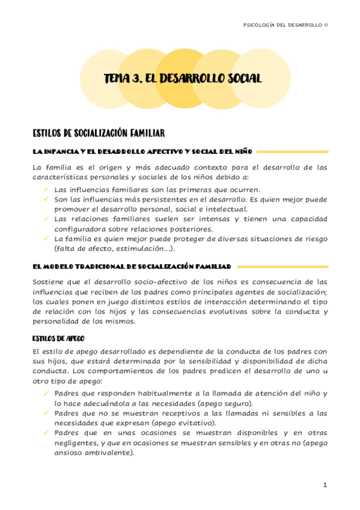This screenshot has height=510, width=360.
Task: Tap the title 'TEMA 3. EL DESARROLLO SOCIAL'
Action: point(183,79)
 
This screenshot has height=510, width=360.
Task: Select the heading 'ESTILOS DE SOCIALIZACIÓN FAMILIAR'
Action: point(99,132)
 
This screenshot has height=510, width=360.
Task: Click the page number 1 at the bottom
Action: point(324,485)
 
